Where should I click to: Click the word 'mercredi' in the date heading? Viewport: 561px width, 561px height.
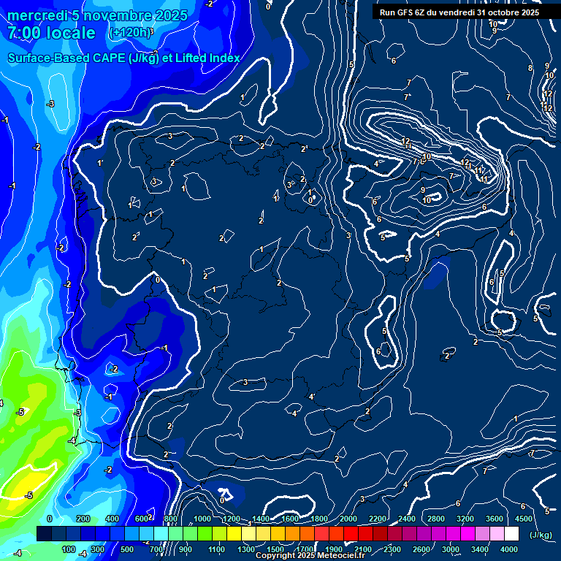tap(35, 15)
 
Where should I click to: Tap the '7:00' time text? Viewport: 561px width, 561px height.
tap(26, 34)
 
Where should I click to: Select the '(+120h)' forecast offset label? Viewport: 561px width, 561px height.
tap(131, 33)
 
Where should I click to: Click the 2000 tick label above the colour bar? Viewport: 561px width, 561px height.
tap(348, 519)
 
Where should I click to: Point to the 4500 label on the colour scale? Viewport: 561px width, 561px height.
tap(524, 519)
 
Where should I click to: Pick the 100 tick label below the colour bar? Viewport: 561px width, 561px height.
tap(69, 549)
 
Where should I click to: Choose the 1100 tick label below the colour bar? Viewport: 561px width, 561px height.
tap(217, 549)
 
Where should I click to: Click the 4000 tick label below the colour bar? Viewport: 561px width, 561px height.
tap(509, 549)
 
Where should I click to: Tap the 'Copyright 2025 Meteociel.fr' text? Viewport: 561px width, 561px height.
tap(310, 556)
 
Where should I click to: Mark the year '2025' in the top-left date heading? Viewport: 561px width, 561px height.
tap(171, 15)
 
